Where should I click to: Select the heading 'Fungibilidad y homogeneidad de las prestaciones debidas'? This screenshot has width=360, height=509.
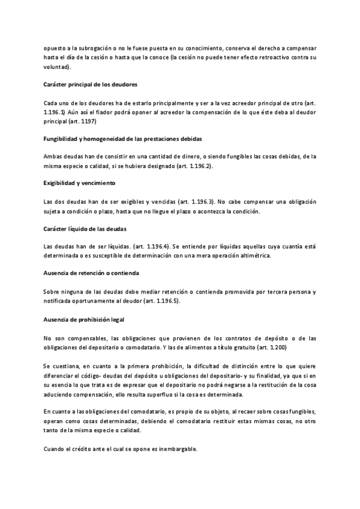122,139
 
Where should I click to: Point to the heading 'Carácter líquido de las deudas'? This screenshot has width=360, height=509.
86,229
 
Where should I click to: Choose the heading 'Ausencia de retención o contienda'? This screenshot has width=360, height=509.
91,273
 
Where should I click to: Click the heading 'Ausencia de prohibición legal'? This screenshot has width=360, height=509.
84,318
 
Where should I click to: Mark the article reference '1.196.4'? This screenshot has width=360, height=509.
152,246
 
